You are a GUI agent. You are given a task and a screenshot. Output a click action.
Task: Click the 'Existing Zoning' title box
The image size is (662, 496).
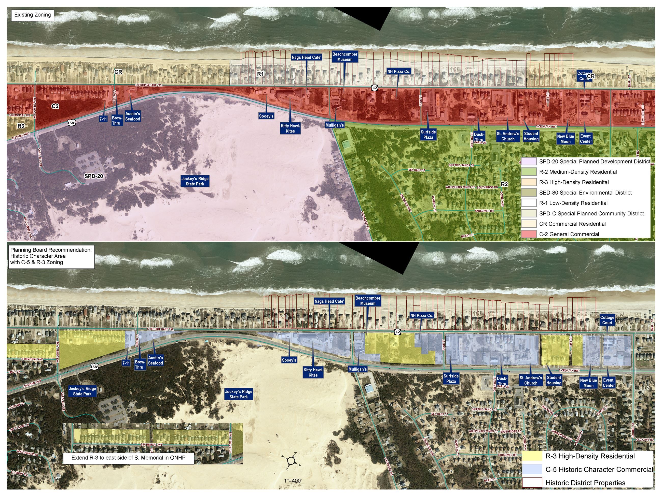[32, 15]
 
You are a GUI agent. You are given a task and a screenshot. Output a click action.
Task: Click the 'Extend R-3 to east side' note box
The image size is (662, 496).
[128, 458]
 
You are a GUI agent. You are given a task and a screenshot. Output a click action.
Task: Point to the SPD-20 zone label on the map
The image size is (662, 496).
[93, 176]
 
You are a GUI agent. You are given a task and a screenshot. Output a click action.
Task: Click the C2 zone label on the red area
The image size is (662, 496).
[55, 106]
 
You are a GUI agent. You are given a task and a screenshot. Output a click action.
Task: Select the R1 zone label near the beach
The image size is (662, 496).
[260, 74]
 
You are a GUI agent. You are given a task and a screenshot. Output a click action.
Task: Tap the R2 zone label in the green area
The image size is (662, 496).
[504, 184]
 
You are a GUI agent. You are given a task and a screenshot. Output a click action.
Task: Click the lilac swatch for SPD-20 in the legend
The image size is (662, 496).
[529, 162]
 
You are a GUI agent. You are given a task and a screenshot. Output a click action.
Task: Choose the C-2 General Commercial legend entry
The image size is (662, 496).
[569, 234]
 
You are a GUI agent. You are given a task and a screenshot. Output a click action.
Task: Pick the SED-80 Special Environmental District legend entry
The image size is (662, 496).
[585, 193]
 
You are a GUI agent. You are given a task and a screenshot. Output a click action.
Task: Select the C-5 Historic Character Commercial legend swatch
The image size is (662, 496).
[532, 469]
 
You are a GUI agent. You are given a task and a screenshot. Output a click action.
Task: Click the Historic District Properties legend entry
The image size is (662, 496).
[585, 483]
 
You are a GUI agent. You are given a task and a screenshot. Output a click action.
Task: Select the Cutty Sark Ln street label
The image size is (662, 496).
[19, 427]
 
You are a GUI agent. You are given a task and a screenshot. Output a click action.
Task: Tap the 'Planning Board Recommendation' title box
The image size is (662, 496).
[51, 256]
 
